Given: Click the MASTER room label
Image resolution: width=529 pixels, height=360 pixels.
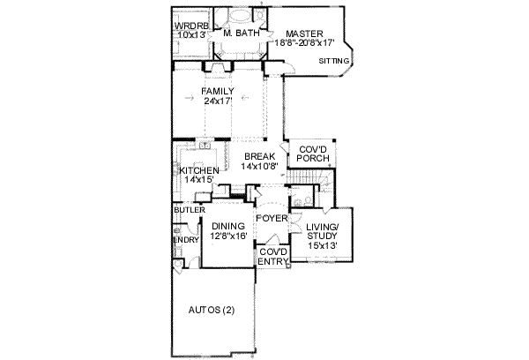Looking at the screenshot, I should pyautogui.click(x=305, y=32).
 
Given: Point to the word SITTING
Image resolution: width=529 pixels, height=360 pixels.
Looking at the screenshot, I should pyautogui.click(x=334, y=61).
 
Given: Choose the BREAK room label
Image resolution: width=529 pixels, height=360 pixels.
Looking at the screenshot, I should pyautogui.click(x=260, y=156).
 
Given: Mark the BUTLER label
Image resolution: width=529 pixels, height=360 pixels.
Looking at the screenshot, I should pyautogui.click(x=189, y=211).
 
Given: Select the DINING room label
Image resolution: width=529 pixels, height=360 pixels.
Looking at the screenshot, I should pyautogui.click(x=227, y=227).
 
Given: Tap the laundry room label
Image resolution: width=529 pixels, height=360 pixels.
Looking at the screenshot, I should pyautogui.click(x=185, y=238).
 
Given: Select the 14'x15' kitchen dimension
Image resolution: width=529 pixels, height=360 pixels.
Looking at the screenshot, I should pyautogui.click(x=197, y=179).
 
